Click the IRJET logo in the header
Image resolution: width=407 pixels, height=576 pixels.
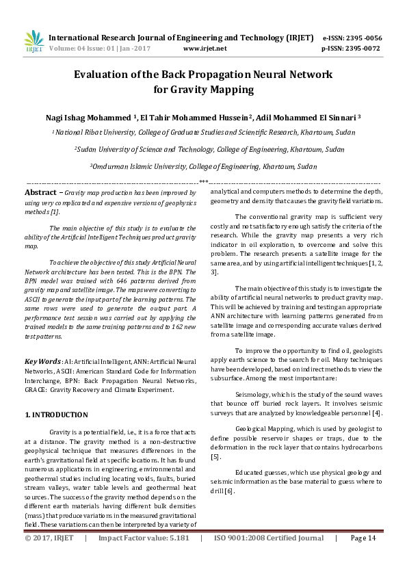click(x=33, y=42)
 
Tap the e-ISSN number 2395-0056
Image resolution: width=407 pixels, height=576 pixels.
click(x=368, y=38)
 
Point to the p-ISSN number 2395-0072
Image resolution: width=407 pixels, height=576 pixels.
click(x=368, y=49)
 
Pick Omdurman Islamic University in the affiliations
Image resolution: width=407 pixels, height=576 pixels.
click(x=137, y=166)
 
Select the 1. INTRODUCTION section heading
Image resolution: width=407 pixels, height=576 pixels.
click(x=56, y=415)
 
